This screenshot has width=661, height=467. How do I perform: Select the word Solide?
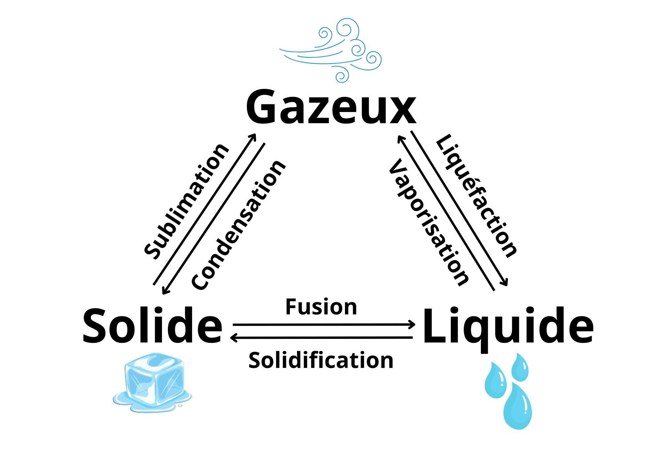point(152,326)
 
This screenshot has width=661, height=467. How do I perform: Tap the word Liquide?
point(508,327)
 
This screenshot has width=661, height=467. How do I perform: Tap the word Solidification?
point(321,360)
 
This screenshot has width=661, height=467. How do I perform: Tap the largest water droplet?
point(518,408)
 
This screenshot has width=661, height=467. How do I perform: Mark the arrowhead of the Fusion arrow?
point(413,325)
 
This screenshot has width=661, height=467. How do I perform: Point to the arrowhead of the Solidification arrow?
point(233,338)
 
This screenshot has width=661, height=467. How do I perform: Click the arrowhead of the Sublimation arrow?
point(254,135)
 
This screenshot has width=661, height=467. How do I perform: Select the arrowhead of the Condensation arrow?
point(164,292)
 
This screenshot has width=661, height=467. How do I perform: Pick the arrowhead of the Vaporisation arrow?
point(399,137)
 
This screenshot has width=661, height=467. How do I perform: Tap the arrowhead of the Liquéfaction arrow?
point(505,284)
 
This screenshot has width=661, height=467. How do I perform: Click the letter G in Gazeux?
point(261,107)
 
